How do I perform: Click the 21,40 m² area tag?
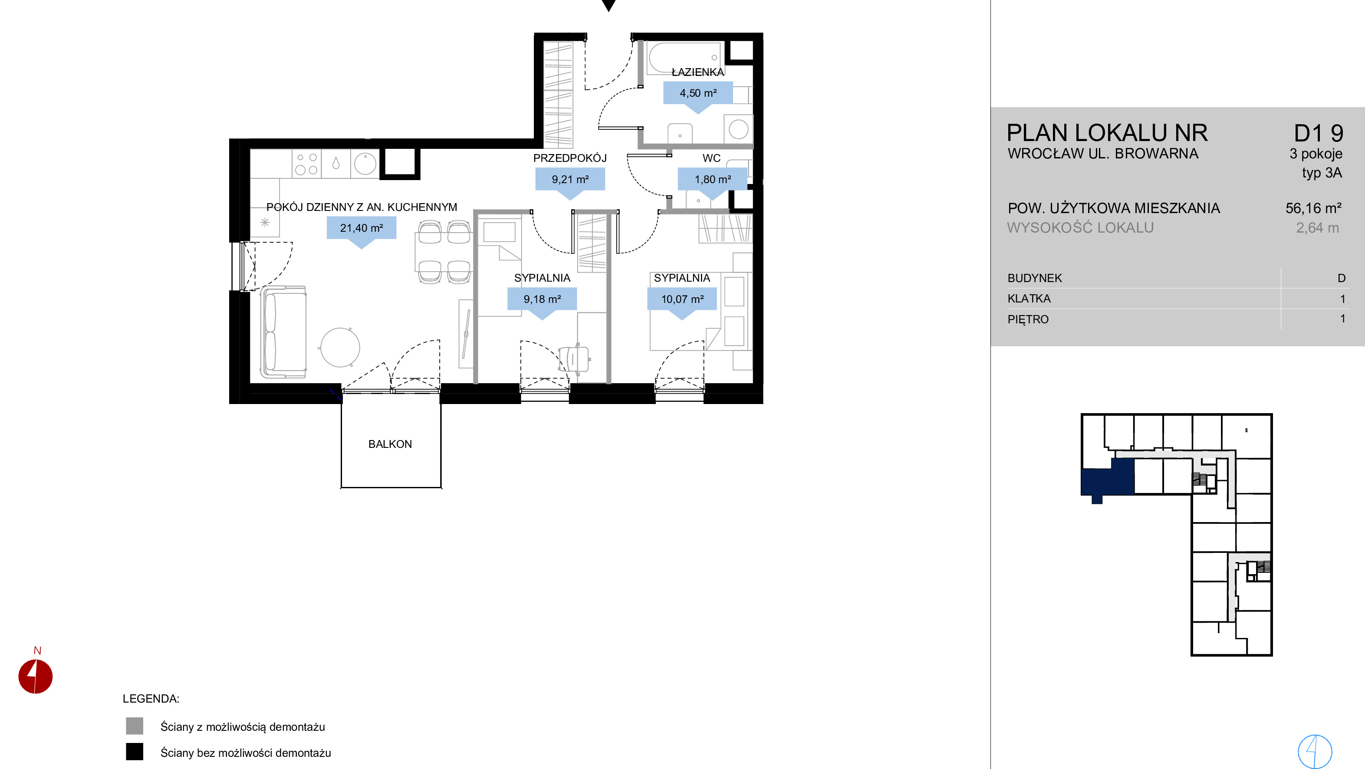click(x=362, y=228)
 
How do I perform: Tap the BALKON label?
click(x=390, y=444)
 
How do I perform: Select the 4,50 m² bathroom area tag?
click(x=698, y=93)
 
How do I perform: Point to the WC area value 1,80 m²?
click(x=713, y=179)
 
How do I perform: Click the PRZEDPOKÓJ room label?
click(x=569, y=158)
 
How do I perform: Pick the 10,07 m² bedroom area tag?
click(x=682, y=299)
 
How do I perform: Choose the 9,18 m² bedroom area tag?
click(x=542, y=299)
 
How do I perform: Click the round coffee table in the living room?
click(x=340, y=348)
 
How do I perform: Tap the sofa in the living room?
click(x=283, y=332)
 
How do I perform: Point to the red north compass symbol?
click(x=36, y=676)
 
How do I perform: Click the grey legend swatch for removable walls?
click(x=135, y=726)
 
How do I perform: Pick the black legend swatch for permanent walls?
click(x=135, y=752)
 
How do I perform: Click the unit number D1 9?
click(x=1319, y=133)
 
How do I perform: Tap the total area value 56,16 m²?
click(x=1313, y=208)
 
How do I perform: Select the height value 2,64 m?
click(x=1317, y=228)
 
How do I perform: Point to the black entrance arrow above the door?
click(x=609, y=5)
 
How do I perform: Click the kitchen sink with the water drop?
click(x=336, y=163)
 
